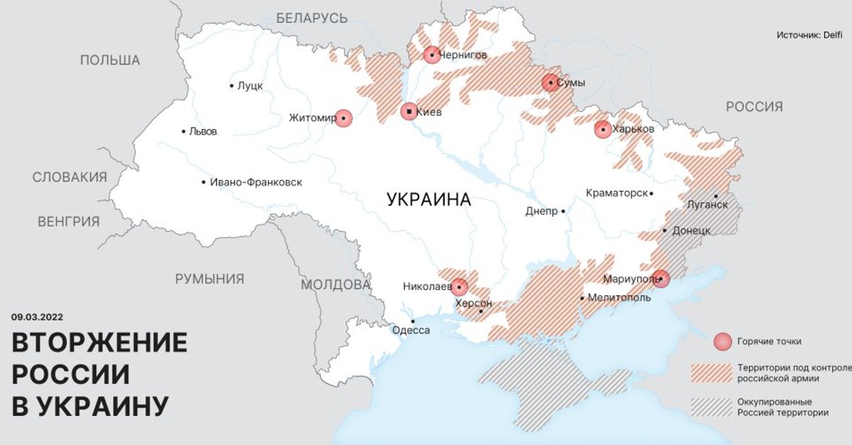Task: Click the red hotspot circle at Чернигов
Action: click(432, 55)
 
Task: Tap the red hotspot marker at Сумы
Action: click(550, 83)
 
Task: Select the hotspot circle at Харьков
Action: click(603, 129)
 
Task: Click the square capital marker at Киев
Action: click(409, 111)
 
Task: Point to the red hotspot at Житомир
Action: click(343, 119)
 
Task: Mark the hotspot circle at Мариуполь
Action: click(660, 279)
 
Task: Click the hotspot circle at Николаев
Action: click(459, 287)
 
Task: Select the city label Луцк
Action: click(250, 86)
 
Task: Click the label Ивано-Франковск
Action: click(256, 182)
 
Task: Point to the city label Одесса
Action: click(412, 329)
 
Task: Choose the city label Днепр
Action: click(542, 211)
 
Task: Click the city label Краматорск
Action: click(616, 193)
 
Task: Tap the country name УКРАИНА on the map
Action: click(429, 199)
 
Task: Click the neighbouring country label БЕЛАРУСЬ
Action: click(312, 18)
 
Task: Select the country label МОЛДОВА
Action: click(336, 285)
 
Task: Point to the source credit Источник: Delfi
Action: click(809, 35)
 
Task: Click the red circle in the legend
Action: click(723, 342)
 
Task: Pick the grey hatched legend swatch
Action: click(711, 407)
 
